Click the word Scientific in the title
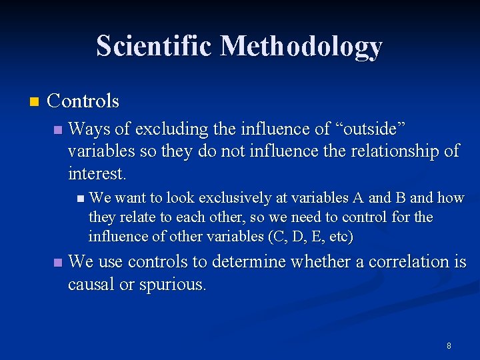coord(155,46)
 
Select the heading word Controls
coord(83,101)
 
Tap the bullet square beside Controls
coord(34,102)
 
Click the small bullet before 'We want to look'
coord(80,198)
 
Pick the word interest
coord(96,174)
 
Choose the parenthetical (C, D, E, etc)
coord(311,237)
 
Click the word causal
coord(92,285)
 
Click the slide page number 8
coord(449,345)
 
